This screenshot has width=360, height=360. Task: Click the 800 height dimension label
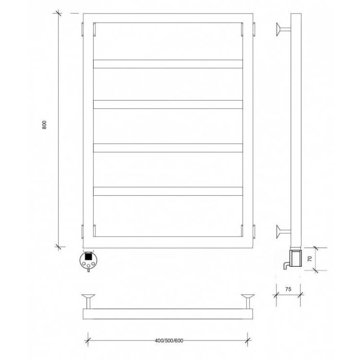(44, 125)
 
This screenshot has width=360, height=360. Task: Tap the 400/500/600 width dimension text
(169, 340)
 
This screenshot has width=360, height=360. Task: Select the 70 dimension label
(310, 259)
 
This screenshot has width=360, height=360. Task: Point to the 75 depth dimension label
(288, 289)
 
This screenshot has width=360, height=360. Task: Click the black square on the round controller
(88, 256)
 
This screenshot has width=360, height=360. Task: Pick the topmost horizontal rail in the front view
(168, 64)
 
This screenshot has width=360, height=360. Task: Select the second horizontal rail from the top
(168, 105)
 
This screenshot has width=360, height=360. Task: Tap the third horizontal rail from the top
(168, 148)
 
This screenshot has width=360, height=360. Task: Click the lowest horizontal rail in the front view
(168, 191)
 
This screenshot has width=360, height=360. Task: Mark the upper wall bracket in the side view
(283, 29)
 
